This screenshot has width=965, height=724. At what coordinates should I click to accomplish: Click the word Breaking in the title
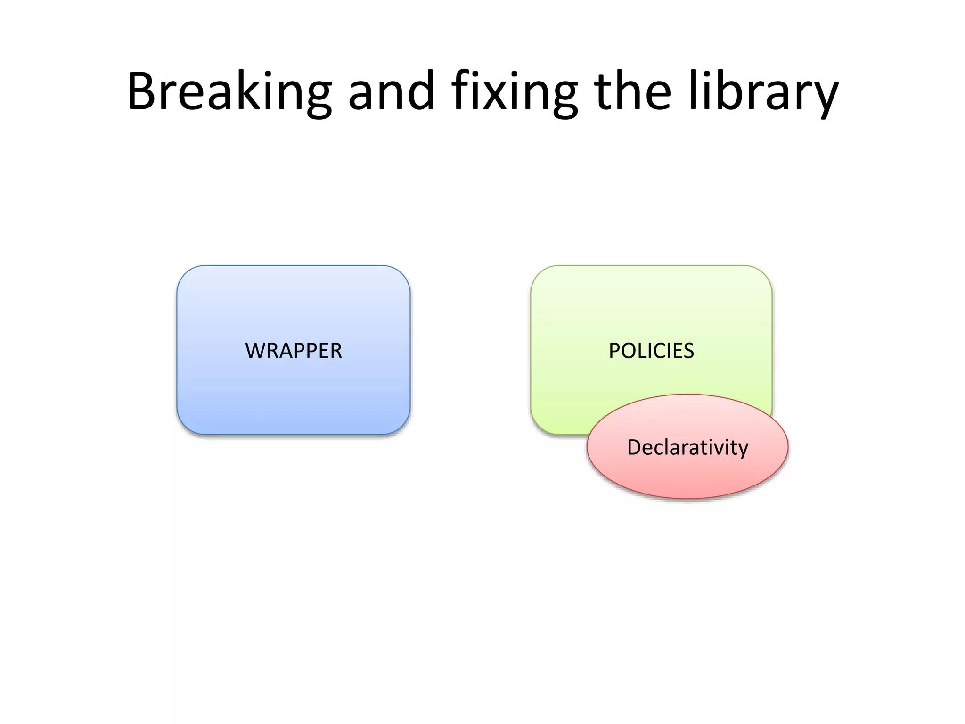tap(229, 92)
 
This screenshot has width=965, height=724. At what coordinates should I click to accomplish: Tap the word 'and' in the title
tap(391, 92)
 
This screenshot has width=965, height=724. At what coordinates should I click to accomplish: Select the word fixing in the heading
tap(514, 92)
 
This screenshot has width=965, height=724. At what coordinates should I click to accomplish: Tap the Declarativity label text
tap(687, 447)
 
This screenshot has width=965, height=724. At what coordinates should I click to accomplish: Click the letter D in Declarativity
tap(635, 447)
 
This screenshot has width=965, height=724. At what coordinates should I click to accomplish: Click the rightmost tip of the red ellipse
tap(788, 446)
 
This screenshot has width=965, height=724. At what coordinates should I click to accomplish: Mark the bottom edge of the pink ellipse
tap(687, 498)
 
